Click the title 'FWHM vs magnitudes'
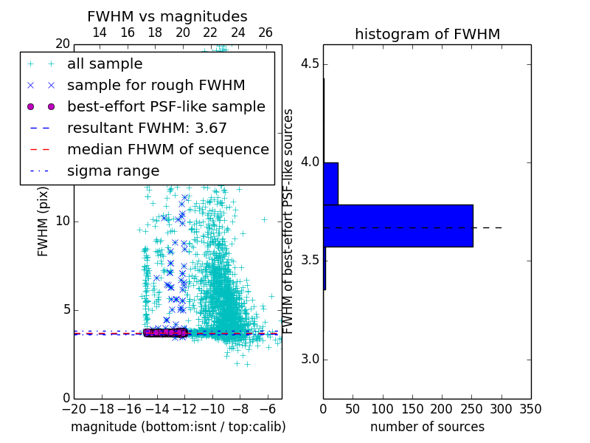[167, 16]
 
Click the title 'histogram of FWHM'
[427, 34]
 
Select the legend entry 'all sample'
[105, 64]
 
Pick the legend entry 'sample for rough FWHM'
[156, 85]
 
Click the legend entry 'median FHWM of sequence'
[167, 149]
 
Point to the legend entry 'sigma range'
[113, 171]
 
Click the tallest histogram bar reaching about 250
[398, 225]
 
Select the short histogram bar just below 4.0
[330, 183]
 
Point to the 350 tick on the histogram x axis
[530, 408]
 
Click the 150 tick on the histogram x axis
[412, 408]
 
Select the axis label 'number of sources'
[427, 427]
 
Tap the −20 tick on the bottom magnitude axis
[74, 408]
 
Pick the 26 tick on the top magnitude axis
[265, 32]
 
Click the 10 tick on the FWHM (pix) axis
[63, 221]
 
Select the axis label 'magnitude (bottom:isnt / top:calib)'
[178, 427]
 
